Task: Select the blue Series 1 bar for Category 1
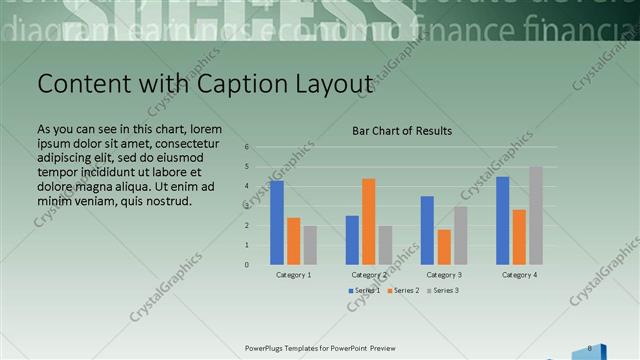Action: [x=277, y=222]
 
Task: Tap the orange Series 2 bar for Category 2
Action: [x=369, y=221]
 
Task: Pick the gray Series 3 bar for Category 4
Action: [x=536, y=215]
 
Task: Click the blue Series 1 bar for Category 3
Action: [x=427, y=230]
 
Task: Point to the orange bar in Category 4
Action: [x=519, y=237]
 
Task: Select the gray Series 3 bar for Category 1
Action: [x=310, y=245]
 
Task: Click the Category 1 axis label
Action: [x=293, y=274]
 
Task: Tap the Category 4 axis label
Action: [x=519, y=274]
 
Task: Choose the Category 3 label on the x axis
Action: [x=444, y=274]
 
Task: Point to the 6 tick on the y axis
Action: [x=247, y=147]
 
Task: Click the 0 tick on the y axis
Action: [x=247, y=265]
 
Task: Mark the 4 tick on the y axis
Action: [x=247, y=186]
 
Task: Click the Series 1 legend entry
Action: [x=364, y=290]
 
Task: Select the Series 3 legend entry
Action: [x=443, y=290]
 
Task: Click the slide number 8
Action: [x=590, y=348]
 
